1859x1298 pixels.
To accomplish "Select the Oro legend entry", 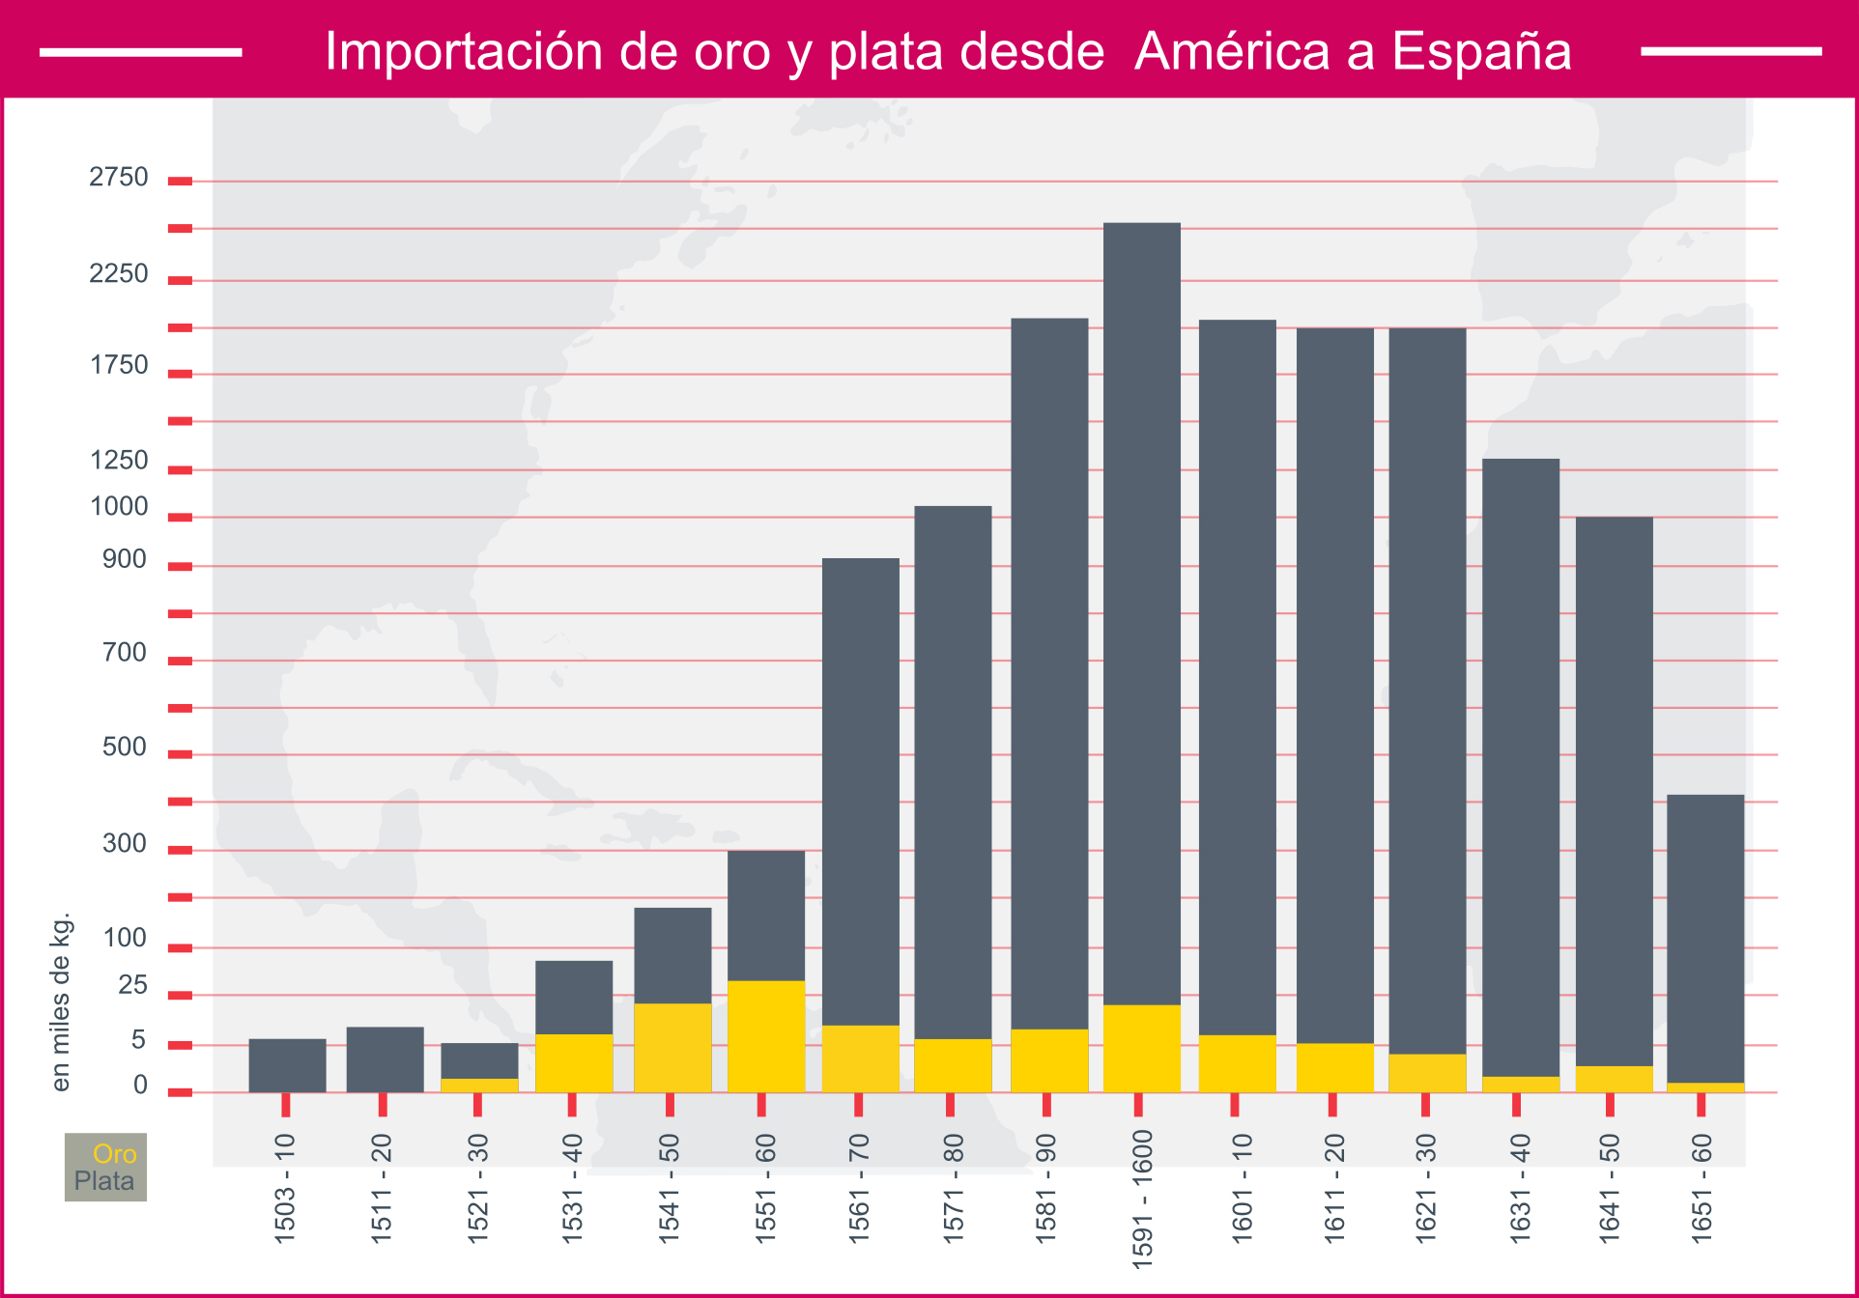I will (114, 1153).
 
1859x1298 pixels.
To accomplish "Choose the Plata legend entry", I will (104, 1181).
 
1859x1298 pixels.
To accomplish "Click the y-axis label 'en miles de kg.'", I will (61, 1002).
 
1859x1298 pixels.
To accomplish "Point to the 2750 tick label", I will (119, 177).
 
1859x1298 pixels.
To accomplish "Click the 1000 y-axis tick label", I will (119, 506).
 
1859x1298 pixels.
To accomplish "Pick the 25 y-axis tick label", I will (132, 985).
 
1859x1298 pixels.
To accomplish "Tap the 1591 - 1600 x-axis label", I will (1142, 1199).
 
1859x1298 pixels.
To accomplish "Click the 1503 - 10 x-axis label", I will (285, 1188).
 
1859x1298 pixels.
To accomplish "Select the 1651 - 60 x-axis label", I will (1702, 1188).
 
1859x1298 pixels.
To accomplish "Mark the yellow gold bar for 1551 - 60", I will (766, 1036).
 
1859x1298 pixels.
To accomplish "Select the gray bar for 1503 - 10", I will (287, 1065).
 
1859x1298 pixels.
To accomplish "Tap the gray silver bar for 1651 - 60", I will (1705, 938).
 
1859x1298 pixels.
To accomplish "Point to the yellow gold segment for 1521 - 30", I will (479, 1086).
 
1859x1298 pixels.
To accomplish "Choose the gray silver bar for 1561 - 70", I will (860, 791).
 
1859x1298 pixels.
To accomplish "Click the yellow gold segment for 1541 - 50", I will (672, 1048).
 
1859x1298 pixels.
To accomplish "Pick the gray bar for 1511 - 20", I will (385, 1059).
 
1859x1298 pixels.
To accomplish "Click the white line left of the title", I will (141, 52).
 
